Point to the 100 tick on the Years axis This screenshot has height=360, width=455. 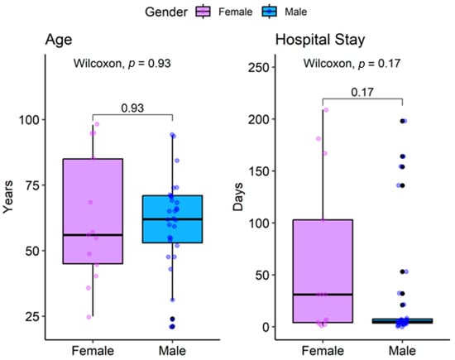29,119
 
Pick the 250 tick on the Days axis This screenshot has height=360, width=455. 256,67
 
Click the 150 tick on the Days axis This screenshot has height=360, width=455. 256,171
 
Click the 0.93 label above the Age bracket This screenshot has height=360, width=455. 132,107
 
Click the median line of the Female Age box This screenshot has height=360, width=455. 93,235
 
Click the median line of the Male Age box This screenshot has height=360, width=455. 172,219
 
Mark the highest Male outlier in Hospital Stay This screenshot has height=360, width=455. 403,121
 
